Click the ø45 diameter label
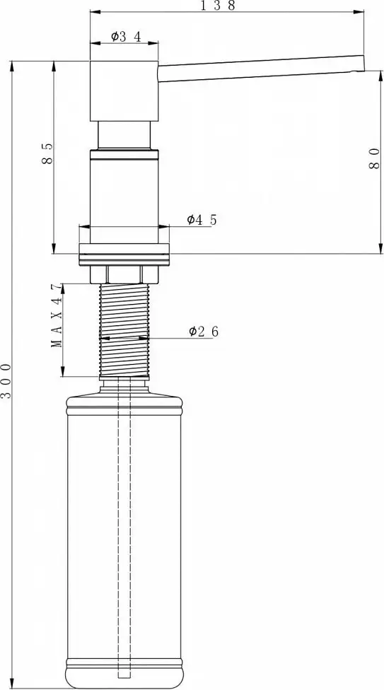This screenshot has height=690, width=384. coord(202,220)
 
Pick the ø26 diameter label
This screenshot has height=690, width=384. coord(203,332)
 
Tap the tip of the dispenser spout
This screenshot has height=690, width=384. coord(360,64)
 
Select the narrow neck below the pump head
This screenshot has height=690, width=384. coord(124,136)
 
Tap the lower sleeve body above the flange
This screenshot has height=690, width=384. coord(124,191)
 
